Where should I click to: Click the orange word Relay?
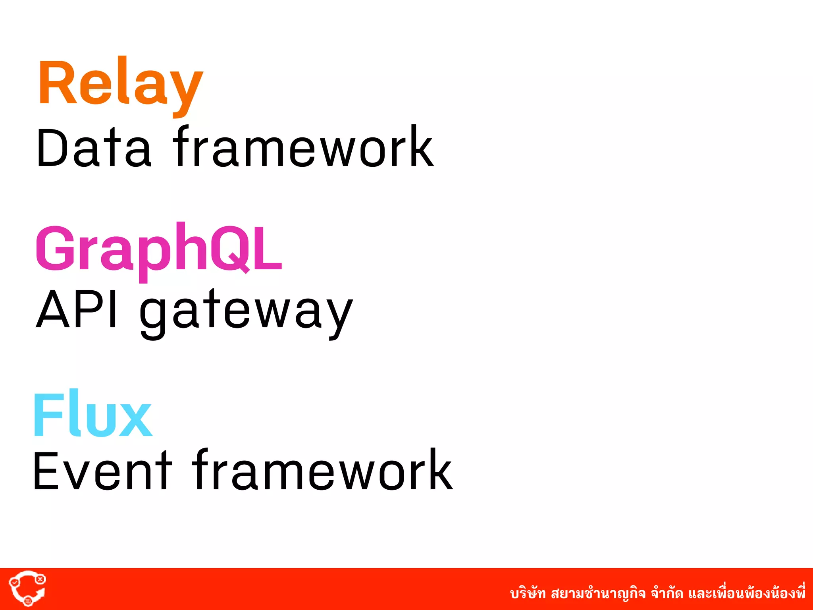(120, 83)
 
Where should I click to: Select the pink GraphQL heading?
(159, 249)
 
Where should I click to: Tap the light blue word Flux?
(93, 414)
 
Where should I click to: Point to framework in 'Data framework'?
(303, 147)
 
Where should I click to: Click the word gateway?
(246, 312)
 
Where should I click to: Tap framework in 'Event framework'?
(322, 471)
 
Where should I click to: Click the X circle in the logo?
(40, 579)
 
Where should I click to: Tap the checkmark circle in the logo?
(15, 582)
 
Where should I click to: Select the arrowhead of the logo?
(40, 594)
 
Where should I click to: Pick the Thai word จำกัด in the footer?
(667, 594)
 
